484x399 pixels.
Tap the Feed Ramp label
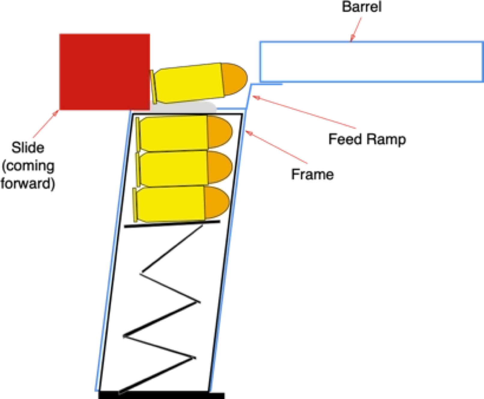coord(367,139)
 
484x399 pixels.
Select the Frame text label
coord(312,174)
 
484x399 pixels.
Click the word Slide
coord(28,148)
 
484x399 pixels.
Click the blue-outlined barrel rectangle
coord(371,62)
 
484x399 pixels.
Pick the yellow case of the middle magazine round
coord(174,167)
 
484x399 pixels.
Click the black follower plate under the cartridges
coord(172,224)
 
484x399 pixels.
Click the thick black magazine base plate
coord(162,395)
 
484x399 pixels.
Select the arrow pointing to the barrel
coord(356,29)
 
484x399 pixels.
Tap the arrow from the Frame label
coord(276,147)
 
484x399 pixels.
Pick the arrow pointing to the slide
coord(46,124)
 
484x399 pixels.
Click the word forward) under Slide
coord(28,184)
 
